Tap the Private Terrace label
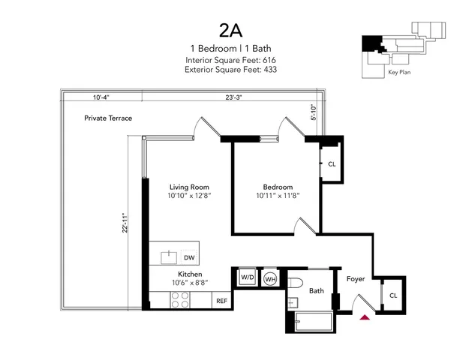tap(106, 118)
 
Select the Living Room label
tap(188, 187)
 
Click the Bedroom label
tap(277, 187)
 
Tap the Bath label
tap(316, 291)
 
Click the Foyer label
tap(356, 279)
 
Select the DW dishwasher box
tap(189, 257)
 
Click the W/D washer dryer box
tap(247, 277)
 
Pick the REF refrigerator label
tap(221, 301)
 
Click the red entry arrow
tap(365, 317)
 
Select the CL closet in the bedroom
tap(331, 163)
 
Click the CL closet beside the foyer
tap(392, 295)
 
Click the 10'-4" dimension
tap(103, 97)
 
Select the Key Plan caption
tap(398, 73)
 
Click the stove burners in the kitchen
tap(181, 300)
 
